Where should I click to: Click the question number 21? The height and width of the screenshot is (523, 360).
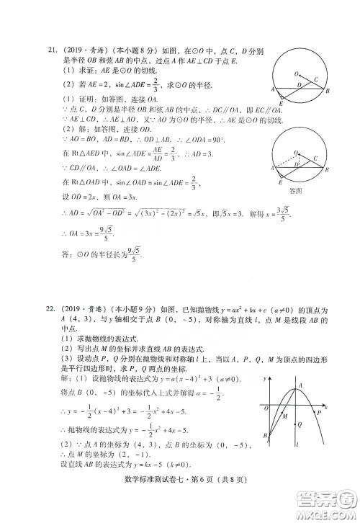tap(52, 50)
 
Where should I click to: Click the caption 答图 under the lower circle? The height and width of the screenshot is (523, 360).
tap(294, 191)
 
